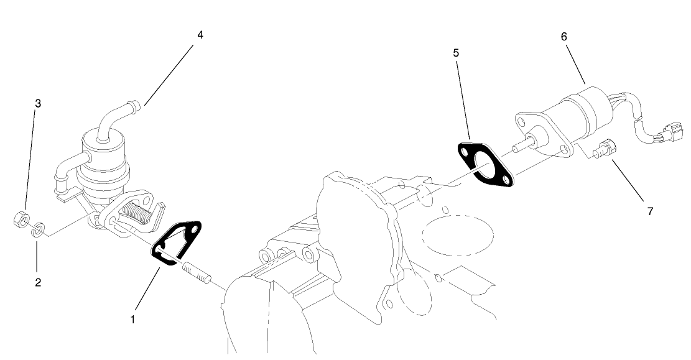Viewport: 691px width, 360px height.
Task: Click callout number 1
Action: pos(132,320)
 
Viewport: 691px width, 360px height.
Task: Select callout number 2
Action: pos(38,282)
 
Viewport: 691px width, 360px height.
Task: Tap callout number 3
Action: pos(38,103)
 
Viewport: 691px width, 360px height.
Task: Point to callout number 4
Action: pos(200,35)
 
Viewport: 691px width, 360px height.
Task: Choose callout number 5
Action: pos(456,53)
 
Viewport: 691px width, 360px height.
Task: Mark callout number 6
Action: pos(563,37)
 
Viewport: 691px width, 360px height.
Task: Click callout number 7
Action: pos(650,211)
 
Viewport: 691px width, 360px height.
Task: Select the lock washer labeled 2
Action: pos(39,229)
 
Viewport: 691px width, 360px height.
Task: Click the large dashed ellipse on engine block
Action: pos(458,234)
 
